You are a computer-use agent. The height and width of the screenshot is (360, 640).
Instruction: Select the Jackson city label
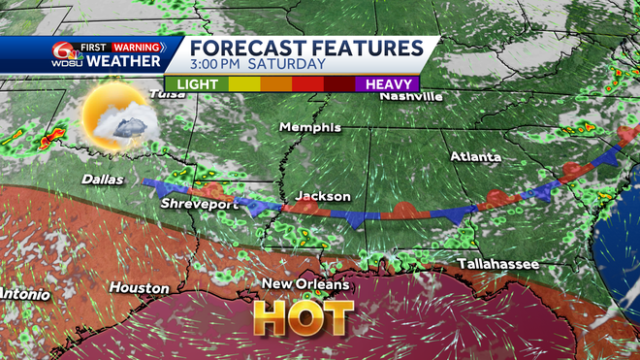(x=323, y=197)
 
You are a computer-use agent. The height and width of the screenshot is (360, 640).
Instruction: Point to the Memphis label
(x=310, y=127)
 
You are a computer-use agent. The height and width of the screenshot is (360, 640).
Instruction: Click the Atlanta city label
(x=475, y=155)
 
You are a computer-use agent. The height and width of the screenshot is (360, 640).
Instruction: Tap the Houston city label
(x=139, y=288)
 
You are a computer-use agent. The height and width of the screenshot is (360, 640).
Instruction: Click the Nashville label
(x=411, y=96)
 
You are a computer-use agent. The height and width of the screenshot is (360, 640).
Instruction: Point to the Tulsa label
(x=165, y=94)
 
